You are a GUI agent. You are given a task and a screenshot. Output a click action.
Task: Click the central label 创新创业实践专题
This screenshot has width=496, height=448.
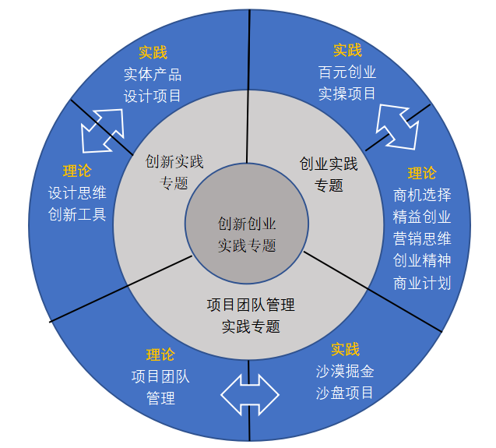pos(247,235)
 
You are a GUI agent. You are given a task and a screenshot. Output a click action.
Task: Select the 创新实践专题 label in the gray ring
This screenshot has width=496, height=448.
pos(174,172)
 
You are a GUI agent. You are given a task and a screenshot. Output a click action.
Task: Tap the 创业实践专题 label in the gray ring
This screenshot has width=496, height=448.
pos(329,175)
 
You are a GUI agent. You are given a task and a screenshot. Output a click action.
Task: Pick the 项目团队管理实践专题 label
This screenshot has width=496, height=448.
pos(251,315)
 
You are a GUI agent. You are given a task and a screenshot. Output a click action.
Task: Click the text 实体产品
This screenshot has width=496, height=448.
pos(153,75)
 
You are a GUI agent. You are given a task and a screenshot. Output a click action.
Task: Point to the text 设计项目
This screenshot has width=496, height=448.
pos(153,96)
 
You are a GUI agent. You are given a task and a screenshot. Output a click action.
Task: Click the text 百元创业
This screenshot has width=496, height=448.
pos(347,72)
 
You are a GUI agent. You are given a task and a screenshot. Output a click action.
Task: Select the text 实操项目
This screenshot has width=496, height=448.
pos(347,93)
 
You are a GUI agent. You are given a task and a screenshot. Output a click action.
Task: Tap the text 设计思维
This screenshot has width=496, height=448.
pos(77,193)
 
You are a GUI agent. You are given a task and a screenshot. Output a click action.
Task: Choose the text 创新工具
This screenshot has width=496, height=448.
pos(77,214)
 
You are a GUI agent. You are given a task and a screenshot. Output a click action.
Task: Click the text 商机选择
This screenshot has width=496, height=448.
pos(422,195)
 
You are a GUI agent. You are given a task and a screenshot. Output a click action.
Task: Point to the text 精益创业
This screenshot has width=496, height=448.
pos(422,217)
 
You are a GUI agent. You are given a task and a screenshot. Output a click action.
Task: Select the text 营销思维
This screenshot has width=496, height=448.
pos(422,238)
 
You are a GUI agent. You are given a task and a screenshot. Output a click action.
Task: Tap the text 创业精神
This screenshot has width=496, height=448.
pos(422,260)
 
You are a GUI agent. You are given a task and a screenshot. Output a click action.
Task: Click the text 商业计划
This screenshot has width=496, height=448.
pos(422,282)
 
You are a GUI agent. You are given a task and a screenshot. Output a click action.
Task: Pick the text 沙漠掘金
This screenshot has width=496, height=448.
pos(345,371)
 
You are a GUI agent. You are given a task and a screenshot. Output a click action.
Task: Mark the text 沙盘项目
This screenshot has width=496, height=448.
pos(345,392)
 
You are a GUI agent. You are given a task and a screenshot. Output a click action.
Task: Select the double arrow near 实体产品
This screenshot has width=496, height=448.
pos(103,129)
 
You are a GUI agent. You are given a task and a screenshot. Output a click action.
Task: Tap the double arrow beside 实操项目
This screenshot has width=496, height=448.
pos(398,125)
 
